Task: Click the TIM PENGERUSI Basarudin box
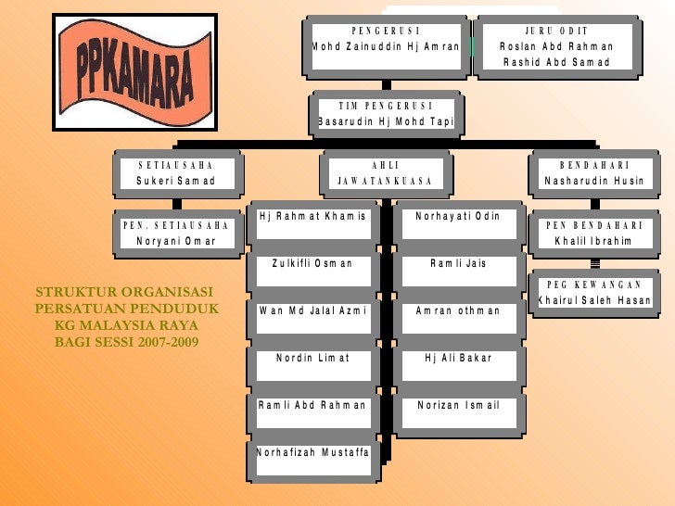pos(385,113)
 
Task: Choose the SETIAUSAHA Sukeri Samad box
pos(175,173)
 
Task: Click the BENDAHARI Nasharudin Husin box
pos(593,173)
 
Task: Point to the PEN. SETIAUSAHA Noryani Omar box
pos(175,234)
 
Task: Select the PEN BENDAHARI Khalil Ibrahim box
pos(593,234)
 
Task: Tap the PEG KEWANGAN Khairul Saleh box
pos(593,294)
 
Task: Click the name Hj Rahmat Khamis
pos(312,216)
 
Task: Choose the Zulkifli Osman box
pos(312,263)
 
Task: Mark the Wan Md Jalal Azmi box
pos(312,310)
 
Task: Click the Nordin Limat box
pos(312,358)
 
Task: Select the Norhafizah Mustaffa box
pos(312,452)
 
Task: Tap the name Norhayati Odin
pos(457,216)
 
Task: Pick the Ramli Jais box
pos(457,263)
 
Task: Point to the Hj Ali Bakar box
pos(457,358)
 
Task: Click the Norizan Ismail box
pos(457,405)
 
